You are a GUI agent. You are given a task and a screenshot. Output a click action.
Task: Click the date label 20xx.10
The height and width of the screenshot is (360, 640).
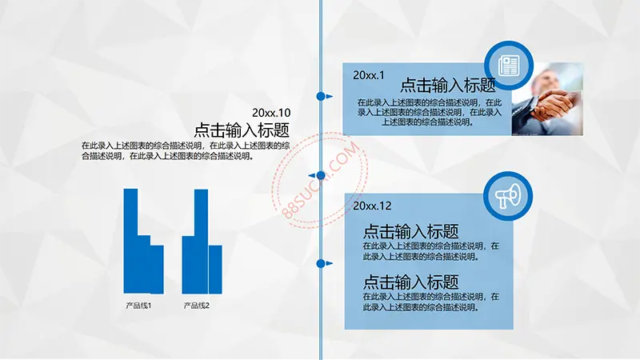click(x=271, y=113)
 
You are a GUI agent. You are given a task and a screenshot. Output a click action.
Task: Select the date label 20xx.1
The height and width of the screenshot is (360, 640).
click(x=369, y=75)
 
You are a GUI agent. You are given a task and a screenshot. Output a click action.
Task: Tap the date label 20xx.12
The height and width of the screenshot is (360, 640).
click(x=372, y=206)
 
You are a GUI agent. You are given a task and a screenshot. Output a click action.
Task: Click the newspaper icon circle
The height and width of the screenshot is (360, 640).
click(x=509, y=66)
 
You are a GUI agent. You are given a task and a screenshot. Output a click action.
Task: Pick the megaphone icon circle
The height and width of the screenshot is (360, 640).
click(x=508, y=196)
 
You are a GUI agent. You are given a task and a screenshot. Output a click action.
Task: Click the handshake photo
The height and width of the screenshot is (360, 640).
click(x=547, y=98)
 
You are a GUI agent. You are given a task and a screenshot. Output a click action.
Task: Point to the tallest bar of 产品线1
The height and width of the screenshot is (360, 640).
click(x=130, y=241)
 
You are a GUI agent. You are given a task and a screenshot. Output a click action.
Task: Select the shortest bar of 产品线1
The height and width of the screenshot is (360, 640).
click(x=157, y=270)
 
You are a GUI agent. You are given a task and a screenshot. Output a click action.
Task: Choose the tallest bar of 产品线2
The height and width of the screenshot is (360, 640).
click(x=202, y=242)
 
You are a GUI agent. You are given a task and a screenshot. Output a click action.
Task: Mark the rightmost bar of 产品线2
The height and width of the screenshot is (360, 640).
click(x=215, y=270)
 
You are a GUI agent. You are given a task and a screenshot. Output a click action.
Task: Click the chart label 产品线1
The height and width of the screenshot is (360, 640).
click(x=138, y=306)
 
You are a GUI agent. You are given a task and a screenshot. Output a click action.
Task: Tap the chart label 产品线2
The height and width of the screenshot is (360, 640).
click(x=196, y=306)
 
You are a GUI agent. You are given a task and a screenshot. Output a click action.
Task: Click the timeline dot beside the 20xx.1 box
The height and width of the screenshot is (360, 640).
click(x=321, y=96)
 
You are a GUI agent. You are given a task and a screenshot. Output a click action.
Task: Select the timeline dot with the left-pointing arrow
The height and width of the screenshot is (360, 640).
click(x=321, y=175)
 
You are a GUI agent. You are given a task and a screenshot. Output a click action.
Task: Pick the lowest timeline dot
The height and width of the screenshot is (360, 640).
click(x=321, y=264)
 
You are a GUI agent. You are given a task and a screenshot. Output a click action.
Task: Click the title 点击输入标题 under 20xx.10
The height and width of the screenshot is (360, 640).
click(x=242, y=130)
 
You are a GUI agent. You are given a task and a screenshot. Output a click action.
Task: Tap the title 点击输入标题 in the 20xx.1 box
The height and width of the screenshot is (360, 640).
click(x=448, y=85)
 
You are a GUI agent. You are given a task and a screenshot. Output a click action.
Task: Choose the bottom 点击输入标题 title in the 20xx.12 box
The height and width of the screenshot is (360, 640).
click(x=410, y=282)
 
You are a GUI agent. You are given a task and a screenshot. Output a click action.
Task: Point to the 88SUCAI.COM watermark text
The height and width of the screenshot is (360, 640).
click(x=322, y=180)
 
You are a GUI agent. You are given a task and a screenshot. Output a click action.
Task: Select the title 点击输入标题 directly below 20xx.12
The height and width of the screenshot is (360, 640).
click(x=410, y=231)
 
